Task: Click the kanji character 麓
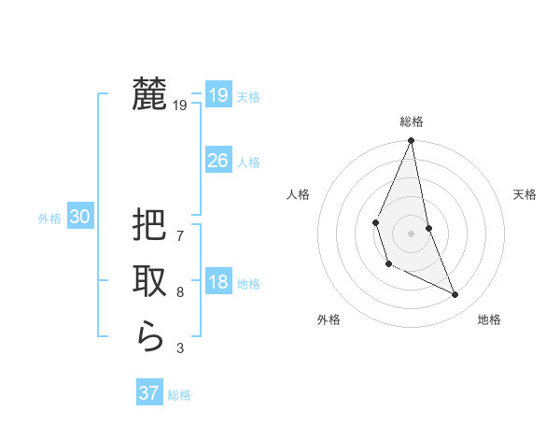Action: [149, 93]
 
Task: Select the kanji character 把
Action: [149, 225]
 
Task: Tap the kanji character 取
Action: [149, 280]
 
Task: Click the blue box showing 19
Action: [217, 95]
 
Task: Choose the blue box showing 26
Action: [217, 161]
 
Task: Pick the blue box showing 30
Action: [80, 217]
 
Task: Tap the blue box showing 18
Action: [217, 283]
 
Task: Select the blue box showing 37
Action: [148, 393]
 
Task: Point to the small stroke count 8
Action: [180, 292]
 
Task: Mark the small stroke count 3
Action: [180, 348]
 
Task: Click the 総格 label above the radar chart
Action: [411, 121]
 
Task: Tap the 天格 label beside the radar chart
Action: [525, 194]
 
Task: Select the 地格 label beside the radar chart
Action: [489, 319]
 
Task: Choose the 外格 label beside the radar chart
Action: [329, 319]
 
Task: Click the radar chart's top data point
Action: [411, 141]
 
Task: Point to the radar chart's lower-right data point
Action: [455, 294]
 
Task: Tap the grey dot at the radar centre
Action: [411, 233]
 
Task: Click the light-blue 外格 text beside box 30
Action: [49, 219]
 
